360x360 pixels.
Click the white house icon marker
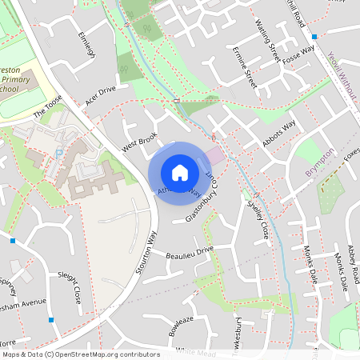click(180, 172)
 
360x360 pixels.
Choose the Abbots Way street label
click(279, 133)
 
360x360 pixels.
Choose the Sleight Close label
click(70, 286)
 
